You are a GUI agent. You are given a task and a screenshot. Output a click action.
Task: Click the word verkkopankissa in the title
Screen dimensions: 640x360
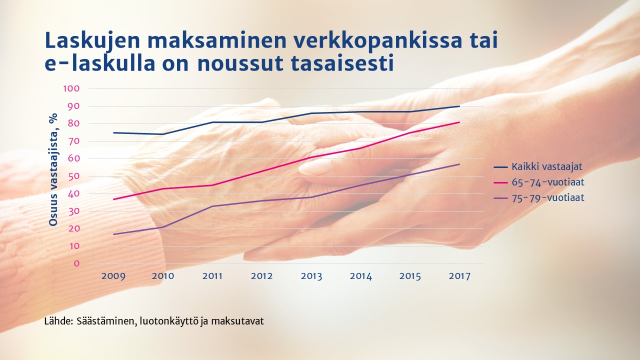pyautogui.click(x=377, y=41)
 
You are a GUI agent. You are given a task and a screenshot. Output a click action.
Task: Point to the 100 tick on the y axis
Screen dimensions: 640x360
pyautogui.click(x=71, y=88)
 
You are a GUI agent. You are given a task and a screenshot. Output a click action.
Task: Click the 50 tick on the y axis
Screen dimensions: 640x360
pyautogui.click(x=73, y=176)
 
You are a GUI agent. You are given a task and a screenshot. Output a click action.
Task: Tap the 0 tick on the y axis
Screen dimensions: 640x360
pyautogui.click(x=76, y=263)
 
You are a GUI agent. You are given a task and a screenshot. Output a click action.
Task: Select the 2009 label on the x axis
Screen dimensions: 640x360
pyautogui.click(x=113, y=276)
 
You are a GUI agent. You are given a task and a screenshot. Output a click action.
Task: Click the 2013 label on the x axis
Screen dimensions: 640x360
pyautogui.click(x=311, y=276)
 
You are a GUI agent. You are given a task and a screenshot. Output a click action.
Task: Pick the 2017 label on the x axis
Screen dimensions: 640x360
pyautogui.click(x=459, y=276)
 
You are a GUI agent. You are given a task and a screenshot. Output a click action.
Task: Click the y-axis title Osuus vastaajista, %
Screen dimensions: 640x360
pyautogui.click(x=53, y=169)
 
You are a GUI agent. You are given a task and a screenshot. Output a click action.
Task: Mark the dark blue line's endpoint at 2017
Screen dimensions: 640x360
pyautogui.click(x=459, y=106)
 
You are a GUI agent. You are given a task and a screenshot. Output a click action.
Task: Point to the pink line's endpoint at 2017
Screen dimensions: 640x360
pyautogui.click(x=459, y=122)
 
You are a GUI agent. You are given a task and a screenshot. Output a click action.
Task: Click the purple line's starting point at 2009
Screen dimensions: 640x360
pyautogui.click(x=113, y=234)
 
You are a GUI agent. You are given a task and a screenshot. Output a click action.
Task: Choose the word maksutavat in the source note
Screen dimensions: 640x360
pyautogui.click(x=237, y=321)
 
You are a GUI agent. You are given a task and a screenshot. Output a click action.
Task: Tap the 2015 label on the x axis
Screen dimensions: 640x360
pyautogui.click(x=410, y=276)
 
